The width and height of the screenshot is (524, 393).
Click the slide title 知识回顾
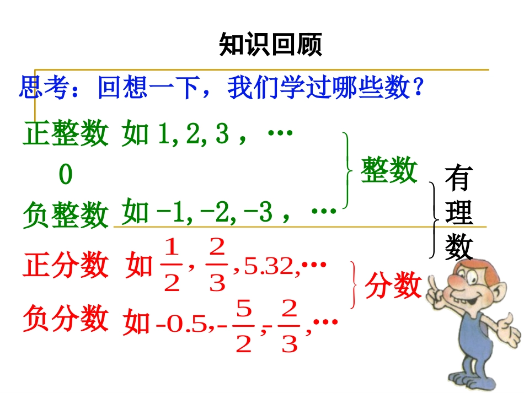coord(270,45)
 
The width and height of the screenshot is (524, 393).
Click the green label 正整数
coord(66,133)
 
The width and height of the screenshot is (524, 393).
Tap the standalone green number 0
coord(66,175)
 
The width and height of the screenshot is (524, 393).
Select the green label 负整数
coord(66,214)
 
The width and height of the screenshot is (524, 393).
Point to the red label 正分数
coord(66,266)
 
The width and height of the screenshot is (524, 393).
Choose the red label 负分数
coord(66,319)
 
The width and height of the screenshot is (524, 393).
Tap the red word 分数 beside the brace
coord(393,286)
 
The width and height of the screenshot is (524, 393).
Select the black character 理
coord(459,213)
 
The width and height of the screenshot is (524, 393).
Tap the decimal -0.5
coord(180,326)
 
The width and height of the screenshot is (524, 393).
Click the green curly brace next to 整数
coord(347,170)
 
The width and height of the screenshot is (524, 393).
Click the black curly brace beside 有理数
coord(435,220)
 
